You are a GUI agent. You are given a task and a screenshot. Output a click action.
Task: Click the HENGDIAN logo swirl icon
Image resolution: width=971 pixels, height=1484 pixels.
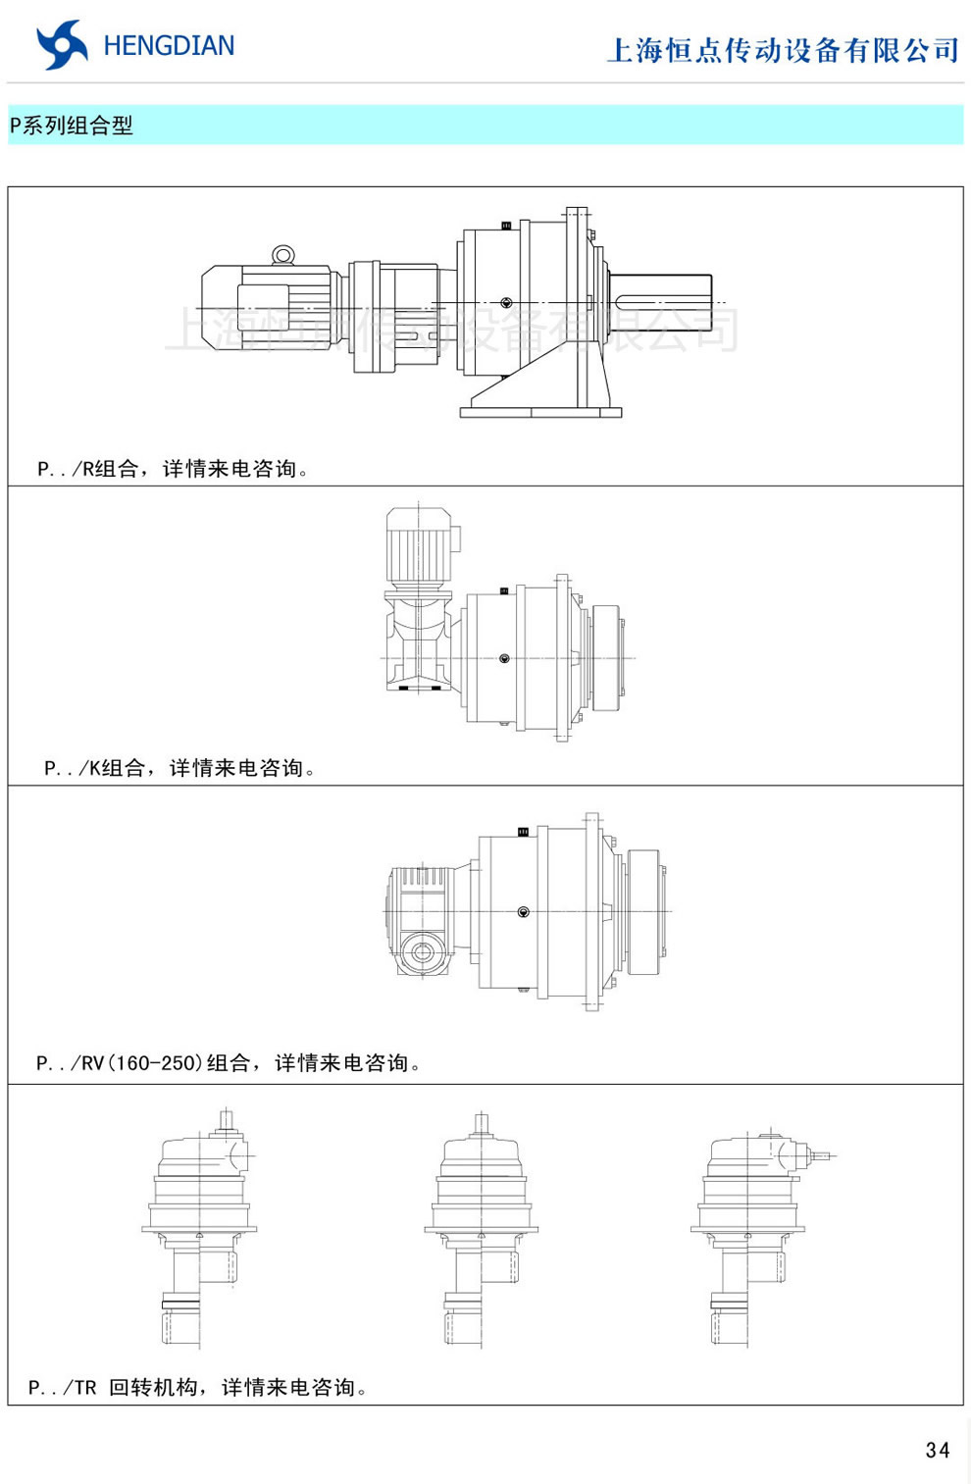(x=61, y=45)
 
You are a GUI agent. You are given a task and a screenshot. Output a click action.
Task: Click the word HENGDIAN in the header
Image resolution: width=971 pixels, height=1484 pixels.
(x=169, y=46)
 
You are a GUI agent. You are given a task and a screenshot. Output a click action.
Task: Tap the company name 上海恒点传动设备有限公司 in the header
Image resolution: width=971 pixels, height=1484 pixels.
(x=783, y=50)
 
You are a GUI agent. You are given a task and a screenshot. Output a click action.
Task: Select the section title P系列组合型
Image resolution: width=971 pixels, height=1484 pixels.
(x=72, y=126)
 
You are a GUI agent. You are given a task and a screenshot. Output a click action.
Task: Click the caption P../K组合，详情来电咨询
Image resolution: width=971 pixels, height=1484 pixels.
(x=180, y=768)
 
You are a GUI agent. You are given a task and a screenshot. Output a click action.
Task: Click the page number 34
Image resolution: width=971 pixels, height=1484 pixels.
(x=937, y=1450)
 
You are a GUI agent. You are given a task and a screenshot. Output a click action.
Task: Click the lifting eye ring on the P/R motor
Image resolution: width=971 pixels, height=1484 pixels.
(x=283, y=255)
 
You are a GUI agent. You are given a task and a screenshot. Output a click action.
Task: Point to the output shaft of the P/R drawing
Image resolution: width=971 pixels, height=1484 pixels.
(x=662, y=303)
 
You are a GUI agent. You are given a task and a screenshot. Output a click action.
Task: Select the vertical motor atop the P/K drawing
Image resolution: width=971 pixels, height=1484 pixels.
(x=419, y=545)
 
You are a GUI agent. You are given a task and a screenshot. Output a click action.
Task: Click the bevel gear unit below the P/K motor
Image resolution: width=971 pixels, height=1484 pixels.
(x=420, y=642)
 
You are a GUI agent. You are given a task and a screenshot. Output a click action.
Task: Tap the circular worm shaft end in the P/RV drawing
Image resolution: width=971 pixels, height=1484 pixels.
(x=423, y=952)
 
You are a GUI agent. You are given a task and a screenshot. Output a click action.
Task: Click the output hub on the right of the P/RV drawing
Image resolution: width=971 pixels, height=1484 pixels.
(x=643, y=912)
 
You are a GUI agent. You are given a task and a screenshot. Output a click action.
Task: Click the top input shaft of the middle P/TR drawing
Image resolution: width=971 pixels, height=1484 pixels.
(x=481, y=1124)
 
